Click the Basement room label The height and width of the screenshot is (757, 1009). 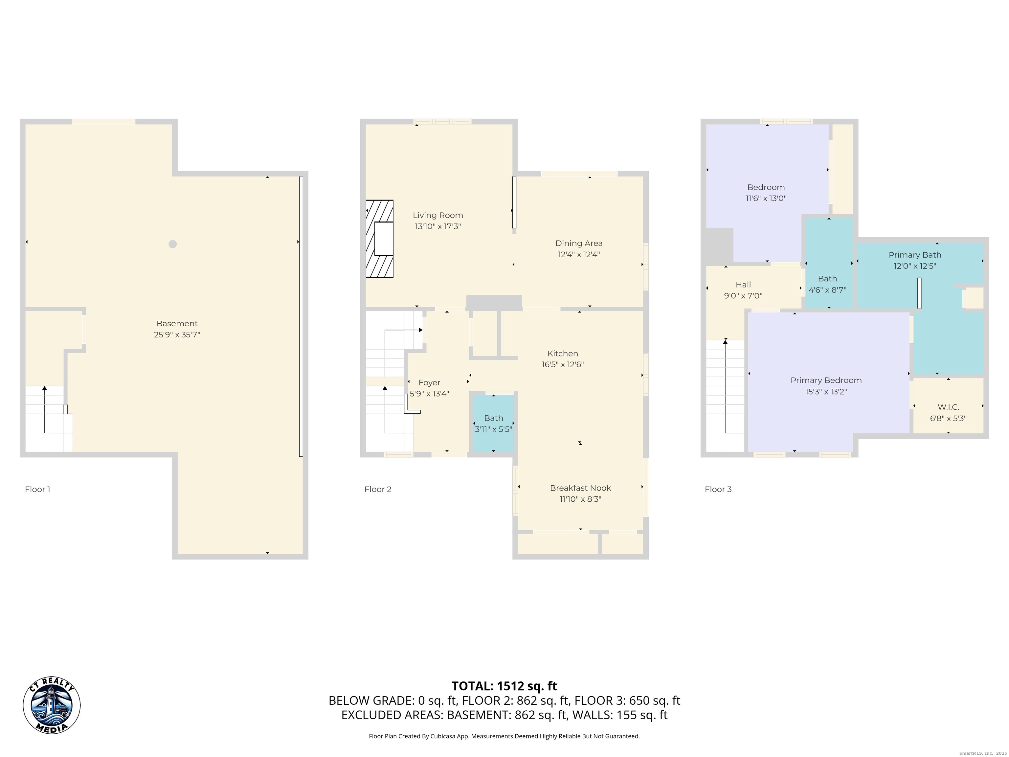pos(177,324)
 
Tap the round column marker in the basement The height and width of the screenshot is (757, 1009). pos(172,244)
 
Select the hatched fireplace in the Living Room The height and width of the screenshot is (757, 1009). pos(379,239)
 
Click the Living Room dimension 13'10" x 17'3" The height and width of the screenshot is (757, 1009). pos(437,226)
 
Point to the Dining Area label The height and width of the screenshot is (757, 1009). pos(578,243)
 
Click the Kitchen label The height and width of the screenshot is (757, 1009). pos(562,354)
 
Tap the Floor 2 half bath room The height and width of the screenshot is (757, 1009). pos(494,423)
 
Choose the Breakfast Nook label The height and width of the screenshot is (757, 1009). pos(580,488)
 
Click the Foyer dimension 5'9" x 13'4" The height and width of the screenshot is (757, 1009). pos(429,394)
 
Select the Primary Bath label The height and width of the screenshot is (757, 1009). pos(915,255)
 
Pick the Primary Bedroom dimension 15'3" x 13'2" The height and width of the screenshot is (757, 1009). pos(826,392)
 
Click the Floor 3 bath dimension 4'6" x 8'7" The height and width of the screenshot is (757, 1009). pos(827,290)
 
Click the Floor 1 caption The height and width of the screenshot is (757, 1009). pos(37,489)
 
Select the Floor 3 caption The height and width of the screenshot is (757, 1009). pos(718,489)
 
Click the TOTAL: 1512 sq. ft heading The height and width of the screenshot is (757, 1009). pos(504,686)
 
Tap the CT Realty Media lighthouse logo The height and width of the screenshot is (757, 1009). pos(52,705)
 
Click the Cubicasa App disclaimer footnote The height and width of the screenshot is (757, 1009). pos(504,736)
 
